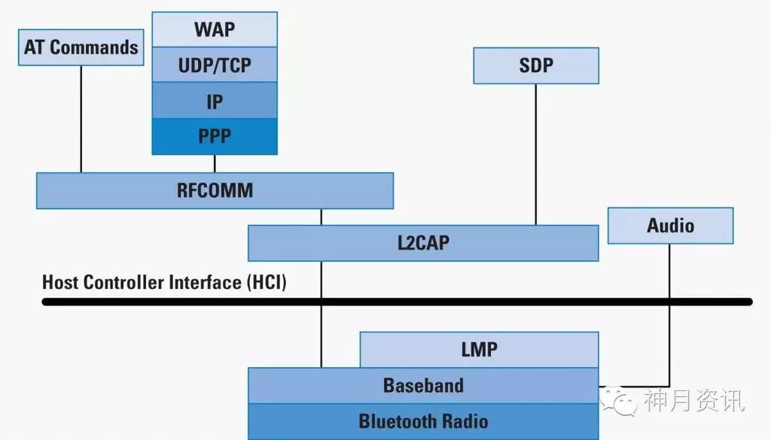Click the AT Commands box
pyautogui.click(x=81, y=47)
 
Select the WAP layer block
pyautogui.click(x=214, y=29)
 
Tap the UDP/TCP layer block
pyautogui.click(x=214, y=65)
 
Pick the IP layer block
pyautogui.click(x=214, y=100)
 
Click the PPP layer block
pyautogui.click(x=214, y=136)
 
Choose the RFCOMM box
pyautogui.click(x=215, y=190)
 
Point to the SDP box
pyautogui.click(x=535, y=65)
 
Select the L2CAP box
pyautogui.click(x=423, y=243)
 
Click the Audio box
pyautogui.click(x=670, y=226)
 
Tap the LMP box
pyautogui.click(x=479, y=350)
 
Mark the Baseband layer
pyautogui.click(x=423, y=385)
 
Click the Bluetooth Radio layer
pyautogui.click(x=423, y=421)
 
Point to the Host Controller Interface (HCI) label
pyautogui.click(x=164, y=283)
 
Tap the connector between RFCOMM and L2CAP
pyautogui.click(x=322, y=217)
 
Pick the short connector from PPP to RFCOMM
pyautogui.click(x=215, y=163)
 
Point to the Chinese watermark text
pyautogui.click(x=693, y=401)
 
